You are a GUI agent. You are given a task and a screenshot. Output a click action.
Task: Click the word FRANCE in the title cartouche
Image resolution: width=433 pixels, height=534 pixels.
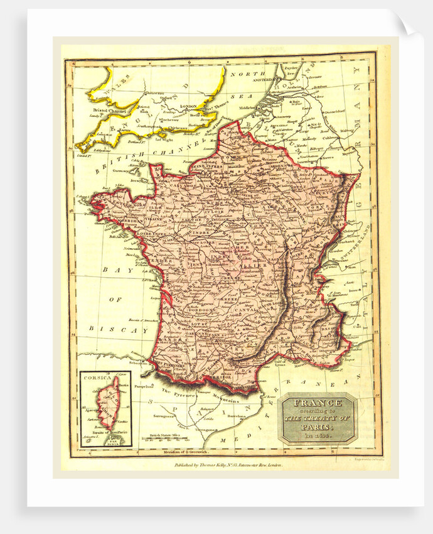point(317,403)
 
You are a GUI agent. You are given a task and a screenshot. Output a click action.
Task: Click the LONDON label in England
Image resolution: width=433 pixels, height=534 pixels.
point(188,106)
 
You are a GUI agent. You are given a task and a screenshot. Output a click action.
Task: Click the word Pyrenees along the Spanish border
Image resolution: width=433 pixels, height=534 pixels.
point(174,391)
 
